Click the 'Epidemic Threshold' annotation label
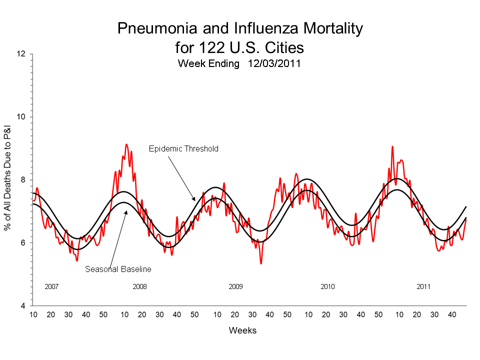pyautogui.click(x=183, y=148)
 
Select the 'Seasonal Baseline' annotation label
pyautogui.click(x=118, y=269)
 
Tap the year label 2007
pyautogui.click(x=52, y=287)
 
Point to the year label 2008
pyautogui.click(x=139, y=287)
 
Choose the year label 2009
pyautogui.click(x=235, y=287)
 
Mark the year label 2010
pyautogui.click(x=327, y=287)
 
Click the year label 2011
pyautogui.click(x=423, y=287)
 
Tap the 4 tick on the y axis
pyautogui.click(x=24, y=306)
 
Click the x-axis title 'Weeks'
pyautogui.click(x=242, y=330)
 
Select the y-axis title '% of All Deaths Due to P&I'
pyautogui.click(x=8, y=180)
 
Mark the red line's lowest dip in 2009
pyautogui.click(x=261, y=263)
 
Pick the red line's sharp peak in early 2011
pyautogui.click(x=392, y=146)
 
